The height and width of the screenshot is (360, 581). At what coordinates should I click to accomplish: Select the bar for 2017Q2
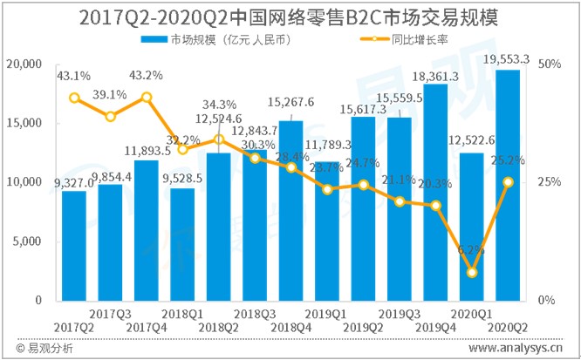tap(74, 245)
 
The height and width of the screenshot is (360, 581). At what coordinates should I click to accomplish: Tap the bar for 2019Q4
tap(435, 192)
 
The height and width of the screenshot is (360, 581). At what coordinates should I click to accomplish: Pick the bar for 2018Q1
tap(182, 244)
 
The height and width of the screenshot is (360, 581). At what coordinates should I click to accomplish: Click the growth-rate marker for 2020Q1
tap(472, 272)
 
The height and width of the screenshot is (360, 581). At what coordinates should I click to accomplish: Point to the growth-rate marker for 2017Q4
tap(147, 97)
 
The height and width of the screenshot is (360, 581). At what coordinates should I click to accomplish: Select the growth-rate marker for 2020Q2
tap(508, 181)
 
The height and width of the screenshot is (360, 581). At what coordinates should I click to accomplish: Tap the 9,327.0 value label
tap(74, 181)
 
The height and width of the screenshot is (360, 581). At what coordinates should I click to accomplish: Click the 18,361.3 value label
tap(436, 75)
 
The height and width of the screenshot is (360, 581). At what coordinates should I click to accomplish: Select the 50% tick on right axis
tap(549, 65)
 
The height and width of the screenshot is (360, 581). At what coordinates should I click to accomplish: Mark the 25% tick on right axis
tap(549, 182)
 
